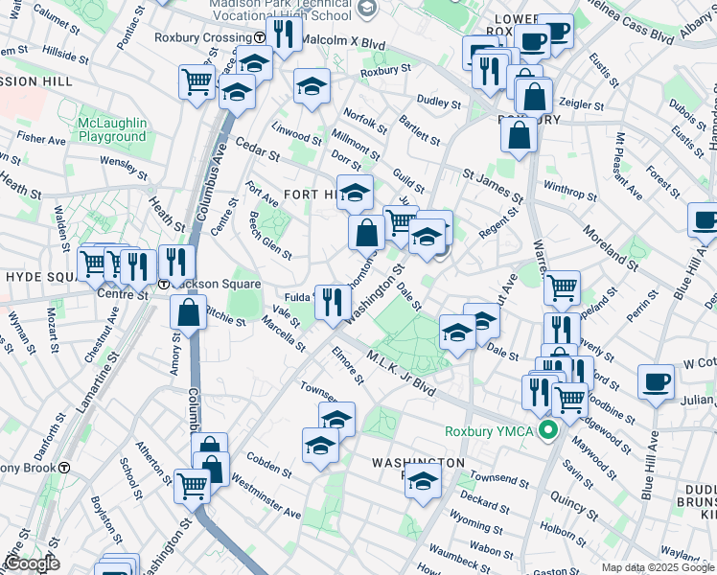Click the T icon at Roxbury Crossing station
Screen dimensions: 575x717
point(260,37)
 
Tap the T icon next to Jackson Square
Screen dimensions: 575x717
point(164,285)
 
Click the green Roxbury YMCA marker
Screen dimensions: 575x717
point(548,430)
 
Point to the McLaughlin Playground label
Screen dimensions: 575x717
point(113,129)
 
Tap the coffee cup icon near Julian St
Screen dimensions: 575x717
point(656,380)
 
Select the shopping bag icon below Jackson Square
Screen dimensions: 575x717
point(189,310)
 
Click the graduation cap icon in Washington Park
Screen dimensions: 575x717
point(421,484)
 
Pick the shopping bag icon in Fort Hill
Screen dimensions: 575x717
point(366,231)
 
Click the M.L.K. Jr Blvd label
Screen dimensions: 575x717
point(401,375)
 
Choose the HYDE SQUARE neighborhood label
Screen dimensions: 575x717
point(40,276)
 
